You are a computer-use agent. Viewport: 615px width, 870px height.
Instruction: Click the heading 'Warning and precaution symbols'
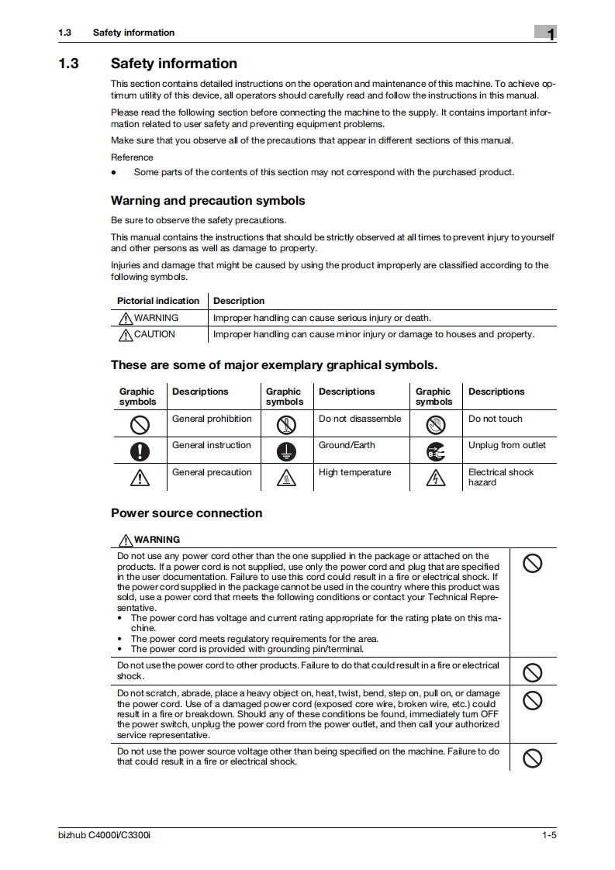pyautogui.click(x=208, y=201)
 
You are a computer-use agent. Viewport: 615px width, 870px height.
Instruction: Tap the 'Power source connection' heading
pyautogui.click(x=186, y=513)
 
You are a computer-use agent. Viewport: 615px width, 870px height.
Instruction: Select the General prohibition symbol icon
pyautogui.click(x=139, y=424)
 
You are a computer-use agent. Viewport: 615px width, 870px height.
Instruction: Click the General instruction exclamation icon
pyautogui.click(x=139, y=451)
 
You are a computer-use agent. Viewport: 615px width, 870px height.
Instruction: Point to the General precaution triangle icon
pyautogui.click(x=139, y=478)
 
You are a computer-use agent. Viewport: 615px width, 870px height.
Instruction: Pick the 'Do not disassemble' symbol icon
pyautogui.click(x=286, y=424)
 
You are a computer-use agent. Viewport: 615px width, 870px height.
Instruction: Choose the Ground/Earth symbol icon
pyautogui.click(x=286, y=451)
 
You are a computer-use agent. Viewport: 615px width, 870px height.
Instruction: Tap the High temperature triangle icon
pyautogui.click(x=286, y=478)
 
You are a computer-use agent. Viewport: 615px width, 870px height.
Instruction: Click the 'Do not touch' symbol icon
pyautogui.click(x=436, y=424)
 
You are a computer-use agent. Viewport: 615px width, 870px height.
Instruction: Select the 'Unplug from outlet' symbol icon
pyautogui.click(x=436, y=451)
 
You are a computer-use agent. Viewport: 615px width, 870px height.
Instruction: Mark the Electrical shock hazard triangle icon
pyautogui.click(x=436, y=478)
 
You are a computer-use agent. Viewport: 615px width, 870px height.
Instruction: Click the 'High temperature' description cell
pyautogui.click(x=354, y=472)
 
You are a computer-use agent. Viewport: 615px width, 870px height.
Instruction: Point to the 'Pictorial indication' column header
pyautogui.click(x=158, y=301)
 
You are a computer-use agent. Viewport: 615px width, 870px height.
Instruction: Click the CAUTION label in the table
pyautogui.click(x=154, y=334)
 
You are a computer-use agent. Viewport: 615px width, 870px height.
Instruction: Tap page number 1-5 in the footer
pyautogui.click(x=549, y=835)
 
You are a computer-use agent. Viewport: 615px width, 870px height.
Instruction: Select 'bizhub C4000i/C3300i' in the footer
pyautogui.click(x=105, y=835)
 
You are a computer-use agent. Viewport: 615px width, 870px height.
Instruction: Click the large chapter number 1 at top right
pyautogui.click(x=549, y=33)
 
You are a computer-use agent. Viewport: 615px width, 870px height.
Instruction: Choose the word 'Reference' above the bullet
pyautogui.click(x=132, y=157)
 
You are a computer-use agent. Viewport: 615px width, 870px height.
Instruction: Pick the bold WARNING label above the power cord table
pyautogui.click(x=157, y=540)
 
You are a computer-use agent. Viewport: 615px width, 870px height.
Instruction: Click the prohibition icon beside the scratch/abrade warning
pyautogui.click(x=533, y=700)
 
